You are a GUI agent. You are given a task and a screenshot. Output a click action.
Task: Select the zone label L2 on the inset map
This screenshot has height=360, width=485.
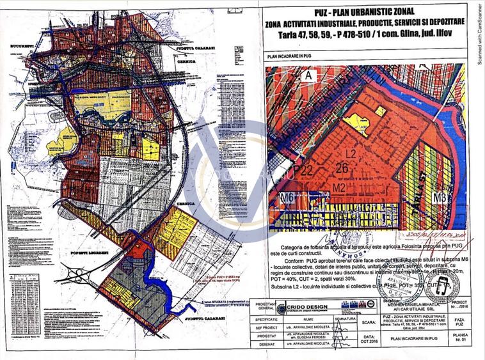point(350,155)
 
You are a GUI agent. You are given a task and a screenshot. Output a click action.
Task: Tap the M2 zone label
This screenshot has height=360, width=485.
point(339,187)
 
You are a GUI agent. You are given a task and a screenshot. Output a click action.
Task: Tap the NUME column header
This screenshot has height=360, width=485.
point(309,318)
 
